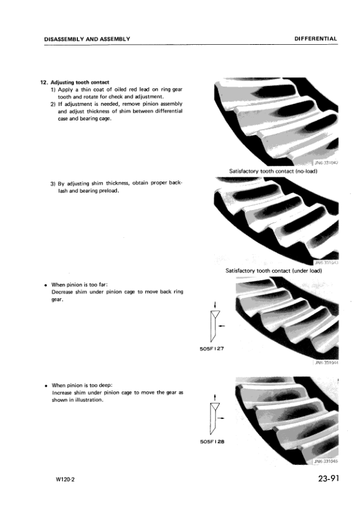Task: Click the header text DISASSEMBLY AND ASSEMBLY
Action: pos(87,39)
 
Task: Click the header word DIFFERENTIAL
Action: pos(315,39)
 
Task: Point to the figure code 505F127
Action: pos(212,349)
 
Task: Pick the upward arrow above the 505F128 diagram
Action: pos(215,396)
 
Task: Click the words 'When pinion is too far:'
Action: pos(80,284)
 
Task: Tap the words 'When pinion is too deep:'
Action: pos(82,385)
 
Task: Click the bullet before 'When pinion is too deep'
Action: pos(47,385)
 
